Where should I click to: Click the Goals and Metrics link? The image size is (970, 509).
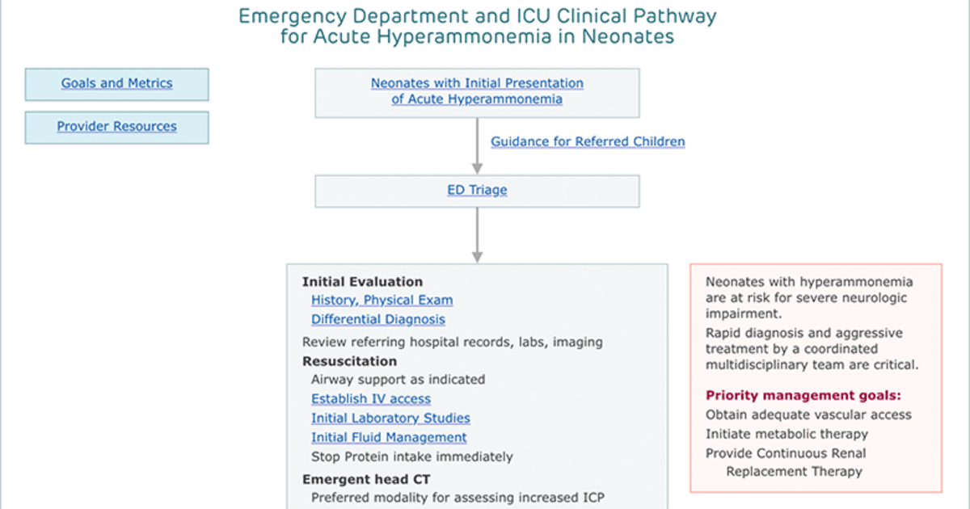tap(116, 82)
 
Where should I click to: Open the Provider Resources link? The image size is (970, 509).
tap(116, 126)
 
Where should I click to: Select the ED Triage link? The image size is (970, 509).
tap(477, 190)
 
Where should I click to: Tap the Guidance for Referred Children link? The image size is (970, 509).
tap(588, 141)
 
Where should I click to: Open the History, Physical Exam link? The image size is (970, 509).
tap(382, 300)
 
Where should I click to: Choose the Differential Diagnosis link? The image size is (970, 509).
tap(378, 319)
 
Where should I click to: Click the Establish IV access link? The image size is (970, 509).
tap(371, 398)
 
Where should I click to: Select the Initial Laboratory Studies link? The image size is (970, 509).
tap(390, 419)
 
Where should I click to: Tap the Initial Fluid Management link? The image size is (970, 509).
tap(389, 437)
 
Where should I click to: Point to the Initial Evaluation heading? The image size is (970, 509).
tap(362, 282)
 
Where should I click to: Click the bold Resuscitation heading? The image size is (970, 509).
tap(349, 361)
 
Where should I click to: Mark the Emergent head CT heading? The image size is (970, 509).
tap(366, 479)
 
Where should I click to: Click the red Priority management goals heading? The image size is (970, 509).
tap(803, 395)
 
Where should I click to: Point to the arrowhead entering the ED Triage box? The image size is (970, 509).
tap(477, 168)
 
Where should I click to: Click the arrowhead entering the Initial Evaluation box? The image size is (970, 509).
tap(477, 257)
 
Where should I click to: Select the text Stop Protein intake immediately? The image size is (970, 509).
tap(411, 456)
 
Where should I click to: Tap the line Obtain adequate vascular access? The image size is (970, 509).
tap(808, 414)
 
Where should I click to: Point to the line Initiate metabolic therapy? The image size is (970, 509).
tap(787, 434)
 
